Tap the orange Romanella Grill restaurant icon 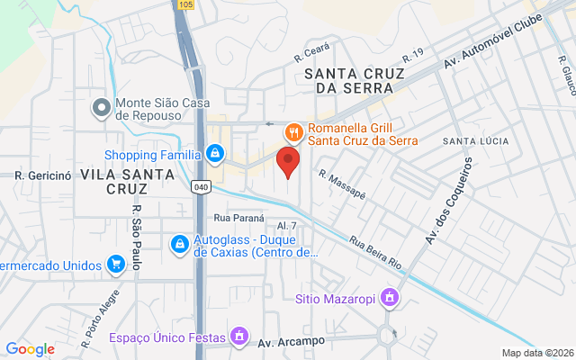tap(293, 133)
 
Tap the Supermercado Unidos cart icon tap(114, 265)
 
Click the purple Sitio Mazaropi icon tap(389, 297)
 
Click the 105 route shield tap(185, 4)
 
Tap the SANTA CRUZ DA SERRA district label tap(349, 80)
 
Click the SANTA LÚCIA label tap(475, 142)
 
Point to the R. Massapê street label tap(342, 186)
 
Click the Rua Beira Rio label tap(374, 252)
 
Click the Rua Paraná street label tap(237, 218)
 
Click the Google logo tap(30, 349)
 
